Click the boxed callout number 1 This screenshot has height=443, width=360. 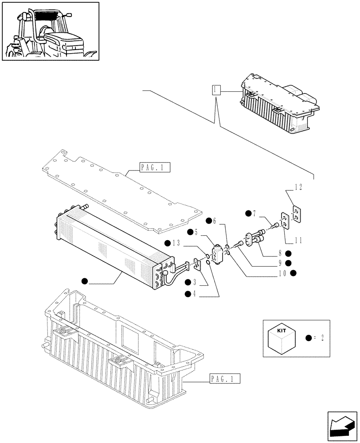[215, 90]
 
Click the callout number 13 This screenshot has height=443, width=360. [177, 243]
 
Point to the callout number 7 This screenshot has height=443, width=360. [255, 214]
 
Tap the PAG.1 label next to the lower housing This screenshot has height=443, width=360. [224, 379]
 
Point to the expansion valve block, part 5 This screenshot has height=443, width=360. [219, 256]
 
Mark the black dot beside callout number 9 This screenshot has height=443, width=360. [288, 263]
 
